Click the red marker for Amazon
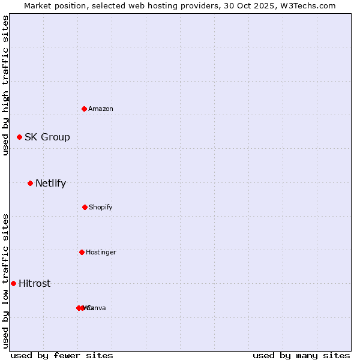[84, 109]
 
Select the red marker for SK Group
[19, 137]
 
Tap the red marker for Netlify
[30, 183]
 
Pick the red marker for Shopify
[85, 207]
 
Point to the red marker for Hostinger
[82, 252]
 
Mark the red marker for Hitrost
[13, 283]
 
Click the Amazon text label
[100, 109]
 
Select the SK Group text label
[47, 137]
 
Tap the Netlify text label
[50, 184]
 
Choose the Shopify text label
[100, 207]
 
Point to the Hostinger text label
[101, 252]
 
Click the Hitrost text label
[34, 284]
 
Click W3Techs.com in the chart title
[308, 5]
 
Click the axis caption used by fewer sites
[62, 355]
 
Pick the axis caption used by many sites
[301, 355]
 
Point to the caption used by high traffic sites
[5, 85]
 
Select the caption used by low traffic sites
[5, 281]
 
